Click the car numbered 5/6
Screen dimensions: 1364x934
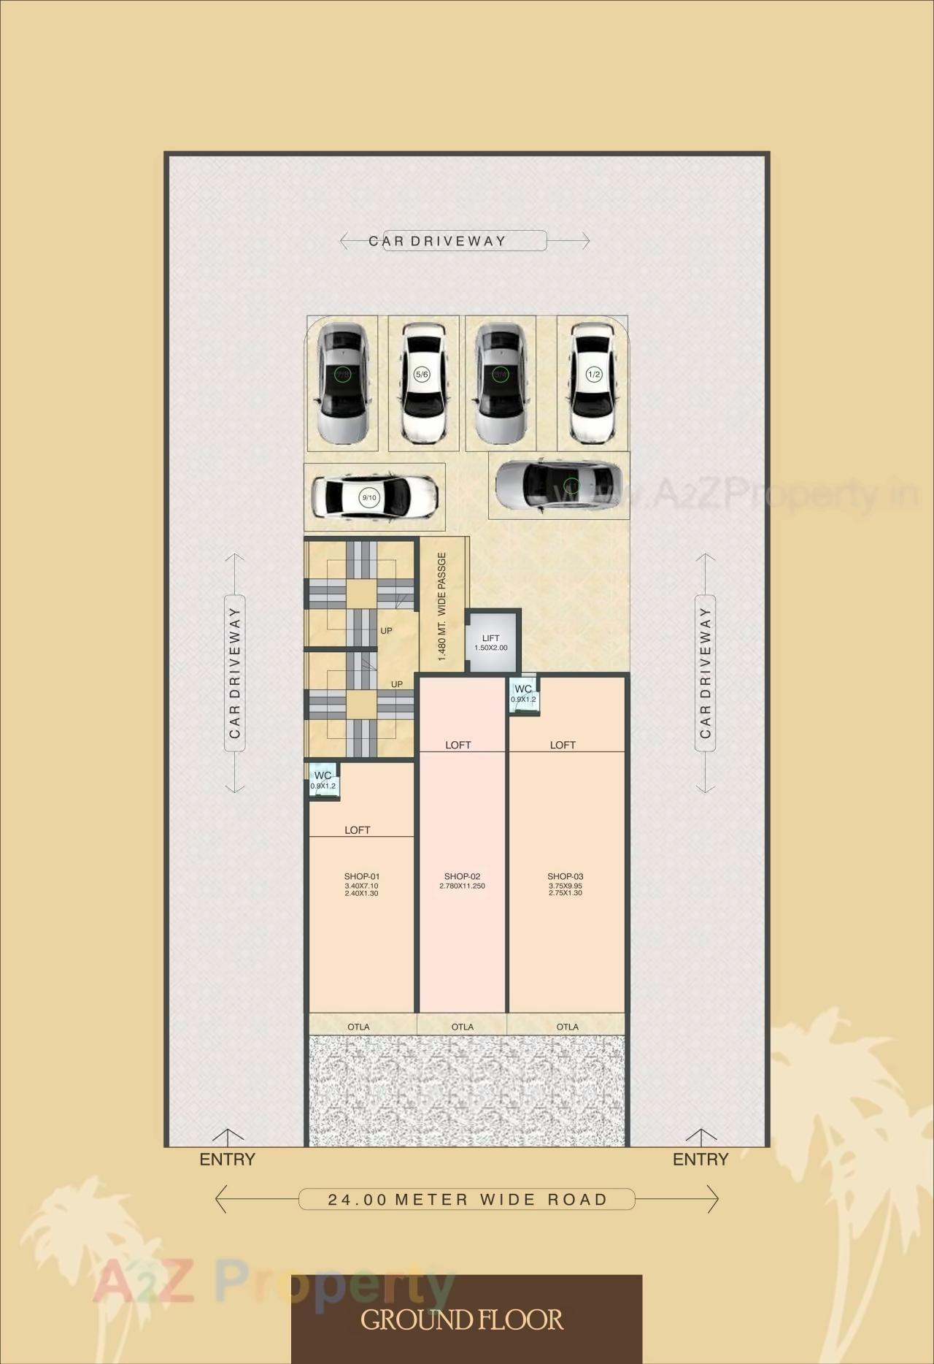pyautogui.click(x=422, y=383)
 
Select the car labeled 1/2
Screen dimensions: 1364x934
pyautogui.click(x=593, y=383)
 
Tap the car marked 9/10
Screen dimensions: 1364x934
pyautogui.click(x=374, y=497)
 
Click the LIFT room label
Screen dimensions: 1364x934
pyautogui.click(x=491, y=639)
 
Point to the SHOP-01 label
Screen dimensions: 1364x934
pyautogui.click(x=362, y=876)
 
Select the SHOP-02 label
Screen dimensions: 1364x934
pyautogui.click(x=462, y=876)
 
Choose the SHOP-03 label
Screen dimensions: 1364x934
pyautogui.click(x=566, y=876)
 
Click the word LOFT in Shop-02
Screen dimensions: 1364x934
pyautogui.click(x=458, y=745)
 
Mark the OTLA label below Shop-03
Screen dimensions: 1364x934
pyautogui.click(x=568, y=1027)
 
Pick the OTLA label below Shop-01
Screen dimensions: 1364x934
pyautogui.click(x=358, y=1027)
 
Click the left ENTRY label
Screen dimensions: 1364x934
pyautogui.click(x=228, y=1160)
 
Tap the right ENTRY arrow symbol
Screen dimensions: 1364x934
pyautogui.click(x=700, y=1137)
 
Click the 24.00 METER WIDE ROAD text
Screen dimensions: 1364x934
pyautogui.click(x=467, y=1200)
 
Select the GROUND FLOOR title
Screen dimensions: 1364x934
pyautogui.click(x=462, y=1319)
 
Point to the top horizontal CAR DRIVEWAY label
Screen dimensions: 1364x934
pyautogui.click(x=437, y=241)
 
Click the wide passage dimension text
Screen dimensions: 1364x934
pyautogui.click(x=442, y=607)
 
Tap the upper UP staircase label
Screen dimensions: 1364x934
pyautogui.click(x=387, y=631)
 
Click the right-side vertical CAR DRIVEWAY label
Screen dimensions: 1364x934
pyautogui.click(x=705, y=673)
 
